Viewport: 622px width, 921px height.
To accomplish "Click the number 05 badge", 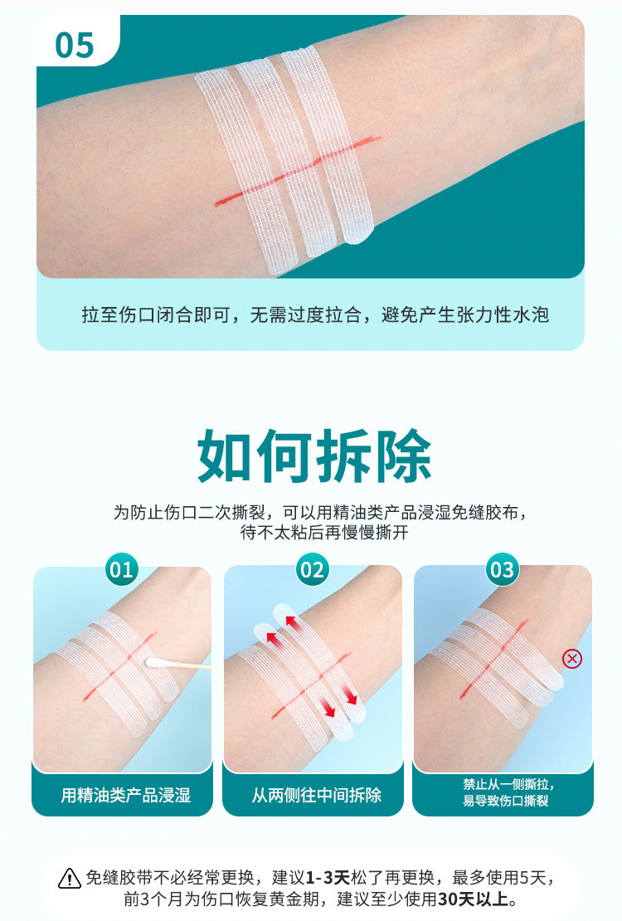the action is pyautogui.click(x=75, y=45).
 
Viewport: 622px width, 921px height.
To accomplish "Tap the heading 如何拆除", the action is pyautogui.click(x=314, y=456).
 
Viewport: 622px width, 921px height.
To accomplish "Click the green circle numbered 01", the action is pyautogui.click(x=122, y=569).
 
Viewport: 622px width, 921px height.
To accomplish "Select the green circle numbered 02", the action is pyautogui.click(x=312, y=569).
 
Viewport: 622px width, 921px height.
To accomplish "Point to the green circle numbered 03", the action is pyautogui.click(x=503, y=569).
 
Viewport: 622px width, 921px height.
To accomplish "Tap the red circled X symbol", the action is pyautogui.click(x=572, y=659).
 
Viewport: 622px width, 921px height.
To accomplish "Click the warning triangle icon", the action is pyautogui.click(x=70, y=878).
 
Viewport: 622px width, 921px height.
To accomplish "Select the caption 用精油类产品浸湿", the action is pyautogui.click(x=126, y=796).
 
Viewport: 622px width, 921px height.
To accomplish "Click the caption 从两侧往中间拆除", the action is pyautogui.click(x=317, y=796).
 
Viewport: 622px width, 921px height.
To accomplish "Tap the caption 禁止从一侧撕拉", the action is pyautogui.click(x=508, y=784).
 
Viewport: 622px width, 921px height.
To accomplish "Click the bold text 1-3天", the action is pyautogui.click(x=328, y=878).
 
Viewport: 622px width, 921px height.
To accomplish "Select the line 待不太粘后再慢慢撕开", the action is pyautogui.click(x=324, y=533).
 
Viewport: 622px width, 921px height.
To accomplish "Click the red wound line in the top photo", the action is pyautogui.click(x=297, y=171).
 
